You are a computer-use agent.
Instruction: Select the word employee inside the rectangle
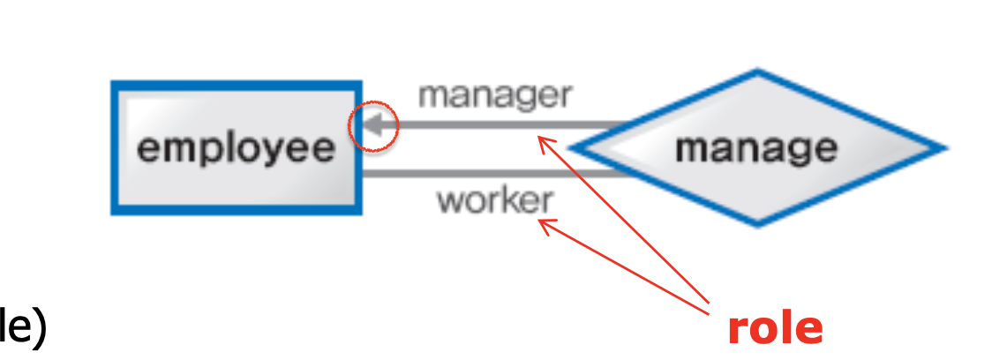236,147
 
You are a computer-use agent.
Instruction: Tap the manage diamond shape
757,147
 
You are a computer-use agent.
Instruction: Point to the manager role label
495,94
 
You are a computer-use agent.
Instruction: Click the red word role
775,328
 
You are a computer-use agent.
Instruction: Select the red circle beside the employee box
375,126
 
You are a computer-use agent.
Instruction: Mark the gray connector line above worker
494,173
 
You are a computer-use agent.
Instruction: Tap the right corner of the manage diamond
943,147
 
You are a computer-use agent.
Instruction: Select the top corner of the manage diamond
757,71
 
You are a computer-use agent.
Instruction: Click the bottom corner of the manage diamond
757,224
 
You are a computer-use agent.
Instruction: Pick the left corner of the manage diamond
572,147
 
